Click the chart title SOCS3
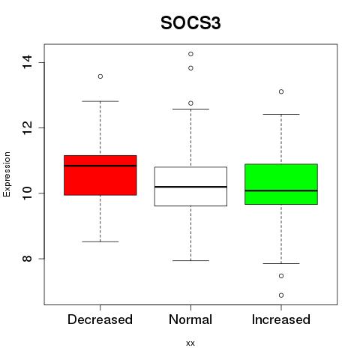click(x=190, y=23)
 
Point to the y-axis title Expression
click(x=7, y=174)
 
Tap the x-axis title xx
click(x=190, y=343)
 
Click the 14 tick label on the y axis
click(x=27, y=62)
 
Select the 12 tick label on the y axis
click(x=27, y=127)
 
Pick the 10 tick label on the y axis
click(x=27, y=193)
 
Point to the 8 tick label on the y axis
click(x=27, y=259)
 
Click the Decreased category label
click(x=100, y=319)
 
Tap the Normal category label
click(x=190, y=319)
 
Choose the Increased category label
click(x=281, y=319)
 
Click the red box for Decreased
click(x=100, y=175)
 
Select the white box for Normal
click(x=190, y=186)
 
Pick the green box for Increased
click(x=281, y=184)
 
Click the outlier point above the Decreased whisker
click(x=100, y=76)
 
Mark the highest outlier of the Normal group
click(x=190, y=54)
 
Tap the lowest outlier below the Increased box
click(x=281, y=295)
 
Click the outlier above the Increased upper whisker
click(x=281, y=91)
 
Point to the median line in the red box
click(x=100, y=166)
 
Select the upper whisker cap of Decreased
click(x=100, y=101)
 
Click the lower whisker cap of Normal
click(x=190, y=260)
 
